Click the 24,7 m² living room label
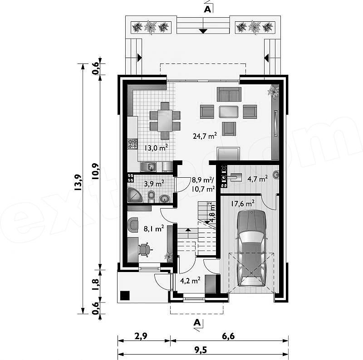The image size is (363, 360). (x=205, y=136)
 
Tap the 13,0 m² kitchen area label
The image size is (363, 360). (x=156, y=148)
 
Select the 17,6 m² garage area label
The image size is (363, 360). (x=243, y=204)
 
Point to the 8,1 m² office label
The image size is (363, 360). (x=154, y=229)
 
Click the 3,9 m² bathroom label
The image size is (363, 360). (x=154, y=184)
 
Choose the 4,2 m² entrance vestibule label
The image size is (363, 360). (x=190, y=281)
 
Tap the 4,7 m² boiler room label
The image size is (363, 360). (x=258, y=179)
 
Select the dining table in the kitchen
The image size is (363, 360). (x=165, y=121)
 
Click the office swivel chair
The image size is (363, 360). (x=145, y=250)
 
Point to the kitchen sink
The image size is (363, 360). (x=149, y=166)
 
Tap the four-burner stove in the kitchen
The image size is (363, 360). (x=132, y=143)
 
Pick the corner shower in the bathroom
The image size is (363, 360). (x=134, y=195)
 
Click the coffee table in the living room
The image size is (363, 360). (x=229, y=112)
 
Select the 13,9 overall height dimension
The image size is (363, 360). (x=78, y=182)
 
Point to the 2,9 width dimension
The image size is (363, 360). (x=141, y=336)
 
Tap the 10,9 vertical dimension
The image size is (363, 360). (x=95, y=171)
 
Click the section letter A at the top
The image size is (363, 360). (x=208, y=9)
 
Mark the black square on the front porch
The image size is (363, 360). (x=125, y=296)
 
